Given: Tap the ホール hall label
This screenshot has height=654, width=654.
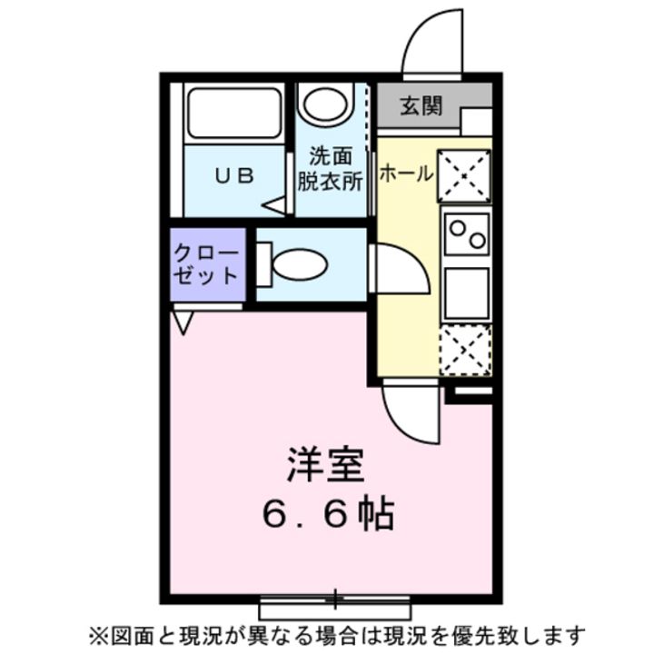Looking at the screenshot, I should coord(404,173).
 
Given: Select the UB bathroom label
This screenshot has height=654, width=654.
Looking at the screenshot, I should coord(233,176).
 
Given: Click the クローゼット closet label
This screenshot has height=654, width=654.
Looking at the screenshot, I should coord(206,264).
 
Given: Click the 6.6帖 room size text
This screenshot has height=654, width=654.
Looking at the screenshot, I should coord(328,515).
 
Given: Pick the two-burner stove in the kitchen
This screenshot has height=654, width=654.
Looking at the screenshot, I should coord(465,233).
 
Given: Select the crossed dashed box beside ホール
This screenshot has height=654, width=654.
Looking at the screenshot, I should coord(463,175).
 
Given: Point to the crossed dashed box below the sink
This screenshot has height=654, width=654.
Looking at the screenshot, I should coord(465,350).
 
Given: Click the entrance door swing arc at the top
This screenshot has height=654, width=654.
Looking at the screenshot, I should coord(431,44).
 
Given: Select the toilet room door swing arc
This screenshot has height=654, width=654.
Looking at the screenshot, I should coord(400,271).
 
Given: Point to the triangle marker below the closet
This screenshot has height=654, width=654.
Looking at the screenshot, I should coord(183,322).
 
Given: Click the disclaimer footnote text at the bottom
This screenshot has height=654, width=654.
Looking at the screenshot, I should coord(336,633).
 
